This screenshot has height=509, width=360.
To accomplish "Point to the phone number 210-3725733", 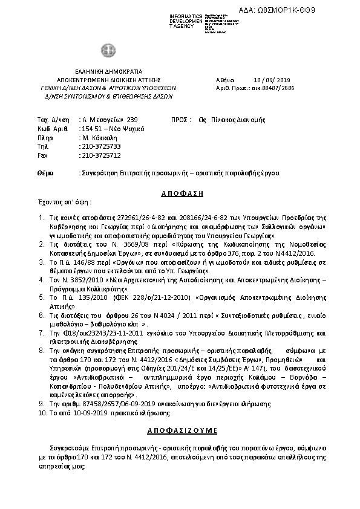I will click(x=100, y=146).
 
